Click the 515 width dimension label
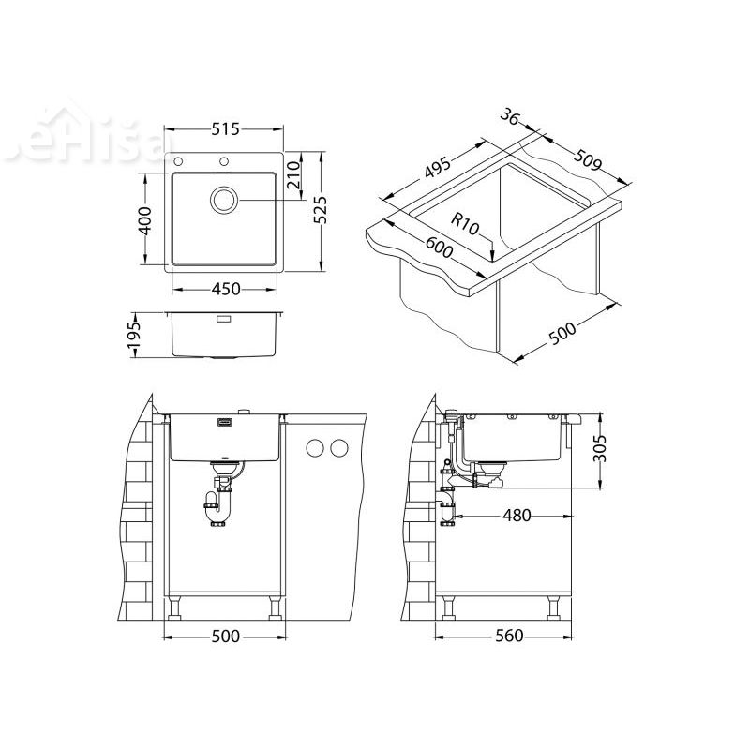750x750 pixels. tap(225, 130)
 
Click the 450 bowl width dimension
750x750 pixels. tap(225, 289)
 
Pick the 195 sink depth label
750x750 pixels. tap(134, 334)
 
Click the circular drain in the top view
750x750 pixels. tap(225, 200)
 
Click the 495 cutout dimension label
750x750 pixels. tap(438, 169)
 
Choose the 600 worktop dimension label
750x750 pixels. tap(440, 250)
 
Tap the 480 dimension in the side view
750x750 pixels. tap(517, 515)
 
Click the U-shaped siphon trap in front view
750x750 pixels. tap(216, 511)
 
